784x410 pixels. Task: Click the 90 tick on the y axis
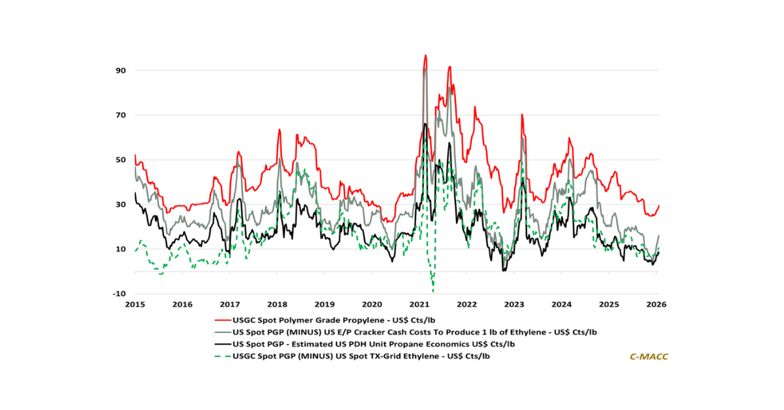click(121, 71)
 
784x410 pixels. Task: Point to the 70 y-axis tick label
click(121, 115)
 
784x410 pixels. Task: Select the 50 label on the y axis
click(121, 160)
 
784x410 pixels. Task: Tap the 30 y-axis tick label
click(121, 205)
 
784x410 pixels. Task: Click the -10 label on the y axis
click(120, 294)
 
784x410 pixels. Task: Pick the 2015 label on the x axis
click(135, 304)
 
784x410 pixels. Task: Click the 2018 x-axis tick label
click(277, 304)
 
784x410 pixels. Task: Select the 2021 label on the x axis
click(419, 304)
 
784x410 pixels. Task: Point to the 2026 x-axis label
click(656, 304)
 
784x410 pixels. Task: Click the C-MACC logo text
click(648, 356)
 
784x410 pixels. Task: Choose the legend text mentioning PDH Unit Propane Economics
click(375, 344)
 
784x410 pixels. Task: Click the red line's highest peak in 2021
click(425, 56)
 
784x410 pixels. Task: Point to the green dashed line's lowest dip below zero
click(433, 290)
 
